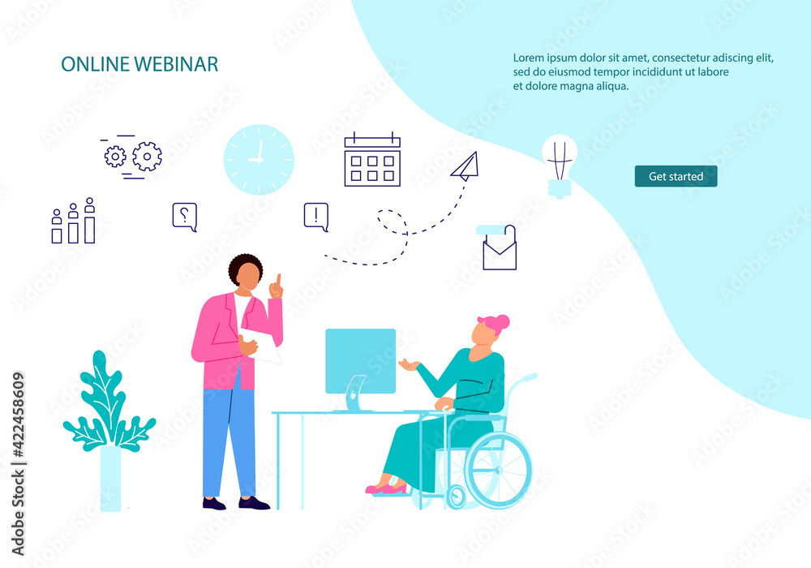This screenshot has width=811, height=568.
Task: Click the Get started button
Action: point(676,176)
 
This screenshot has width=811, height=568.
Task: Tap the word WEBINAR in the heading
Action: point(176,64)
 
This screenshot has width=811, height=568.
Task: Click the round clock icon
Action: point(259,159)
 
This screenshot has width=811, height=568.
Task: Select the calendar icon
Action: point(372,159)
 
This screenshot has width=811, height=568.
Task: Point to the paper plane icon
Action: point(466,166)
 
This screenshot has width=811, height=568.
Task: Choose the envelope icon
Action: point(499,248)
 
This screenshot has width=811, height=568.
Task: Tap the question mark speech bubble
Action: point(185,217)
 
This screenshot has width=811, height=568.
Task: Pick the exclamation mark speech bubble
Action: point(316,217)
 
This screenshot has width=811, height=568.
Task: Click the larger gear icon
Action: point(147,157)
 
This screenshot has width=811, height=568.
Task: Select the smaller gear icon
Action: point(115,157)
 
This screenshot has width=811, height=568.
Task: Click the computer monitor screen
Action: point(361,360)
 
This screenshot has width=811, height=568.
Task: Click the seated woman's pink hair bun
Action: point(500,322)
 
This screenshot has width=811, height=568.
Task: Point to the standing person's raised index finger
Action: point(278,280)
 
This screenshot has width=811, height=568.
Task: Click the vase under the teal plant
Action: point(110,479)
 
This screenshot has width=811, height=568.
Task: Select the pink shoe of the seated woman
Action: point(387,488)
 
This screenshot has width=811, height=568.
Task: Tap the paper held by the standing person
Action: point(261,345)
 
